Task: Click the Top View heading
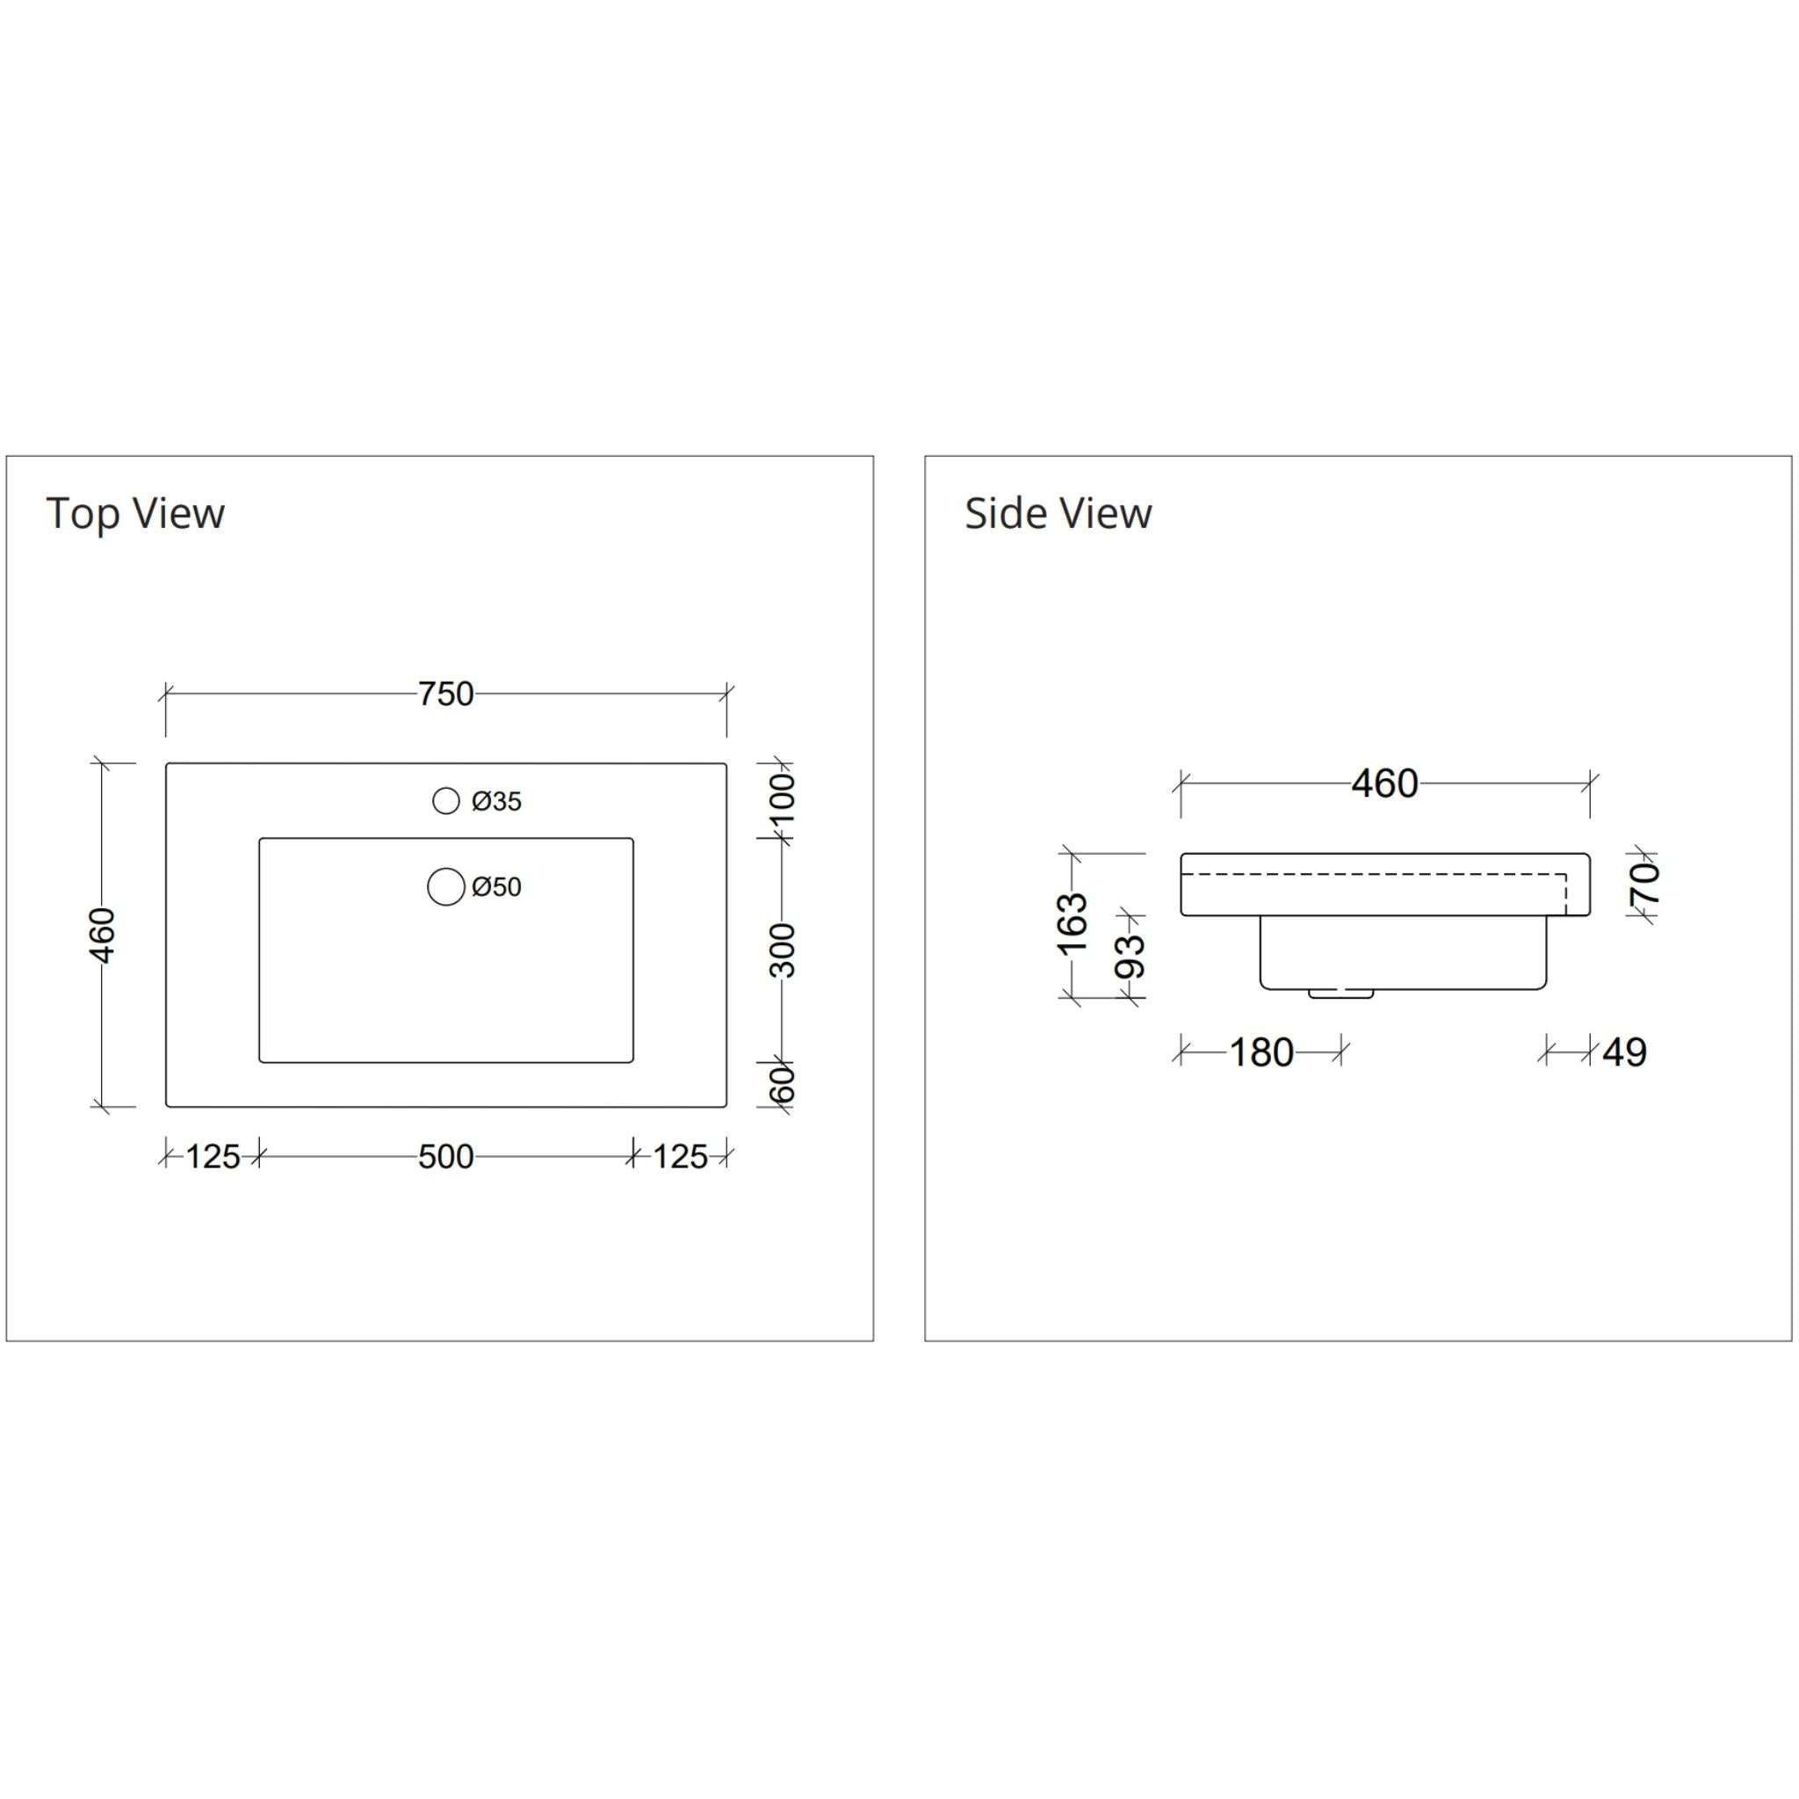point(135,514)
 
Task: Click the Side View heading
point(1058,514)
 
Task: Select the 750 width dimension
point(445,694)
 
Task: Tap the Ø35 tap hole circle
point(446,801)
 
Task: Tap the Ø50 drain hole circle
point(446,886)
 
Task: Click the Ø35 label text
point(496,802)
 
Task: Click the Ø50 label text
point(496,887)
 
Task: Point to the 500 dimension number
point(445,1158)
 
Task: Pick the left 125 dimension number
point(213,1158)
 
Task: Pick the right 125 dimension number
point(680,1158)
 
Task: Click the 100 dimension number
point(784,798)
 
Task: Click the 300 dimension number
point(784,950)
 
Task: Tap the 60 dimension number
point(784,1084)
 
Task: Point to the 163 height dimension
point(1073,923)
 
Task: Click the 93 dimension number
point(1130,957)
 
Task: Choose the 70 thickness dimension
point(1646,883)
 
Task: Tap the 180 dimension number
point(1261,1053)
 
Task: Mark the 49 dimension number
point(1625,1053)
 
